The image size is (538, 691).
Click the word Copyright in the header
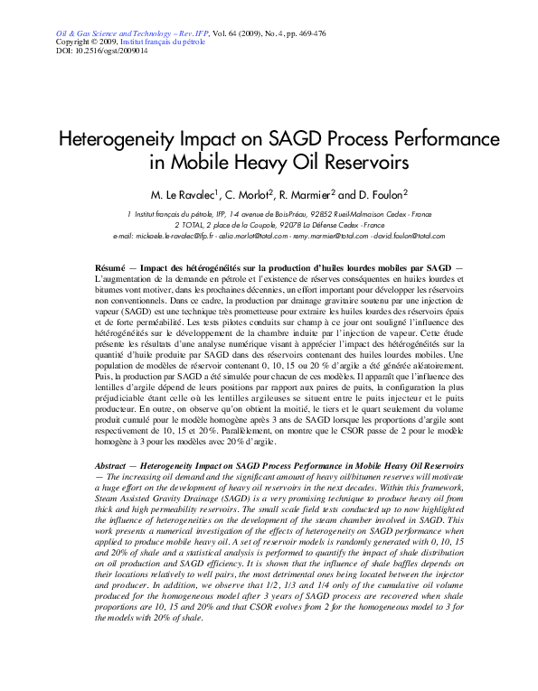coord(75,42)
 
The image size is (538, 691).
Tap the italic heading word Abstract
coord(113,464)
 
